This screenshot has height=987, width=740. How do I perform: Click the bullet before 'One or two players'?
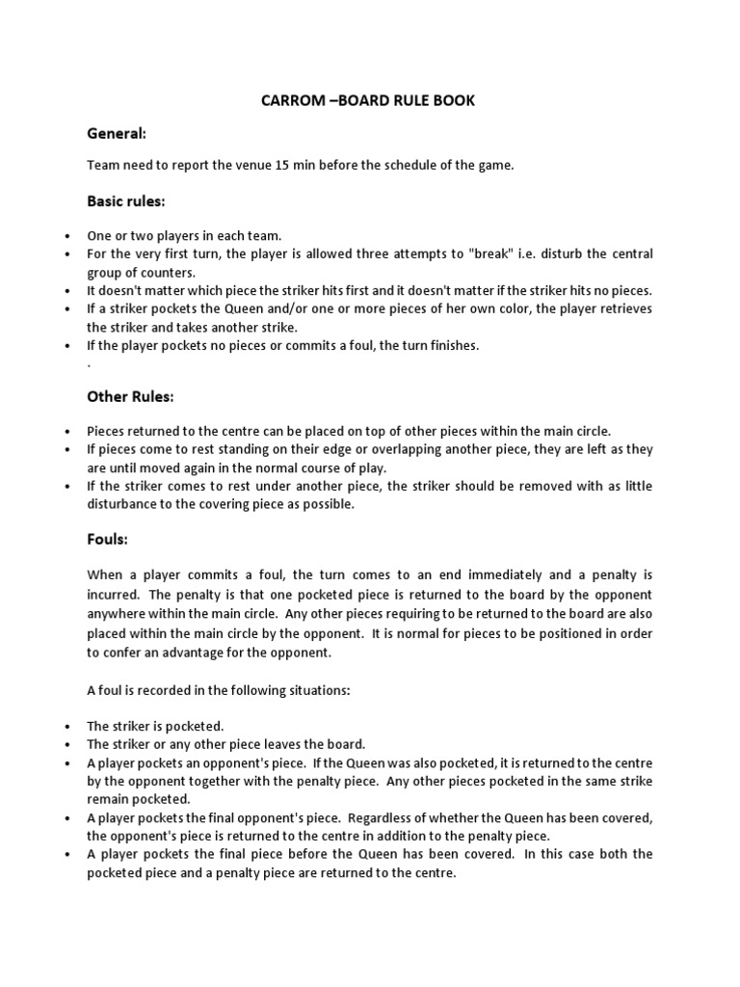[x=66, y=236]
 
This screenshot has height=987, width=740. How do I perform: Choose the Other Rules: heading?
[x=130, y=396]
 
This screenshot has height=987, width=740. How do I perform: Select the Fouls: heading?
[x=107, y=540]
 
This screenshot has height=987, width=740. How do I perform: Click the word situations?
[x=293, y=690]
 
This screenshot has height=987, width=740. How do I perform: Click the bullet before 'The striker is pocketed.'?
[x=66, y=726]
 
